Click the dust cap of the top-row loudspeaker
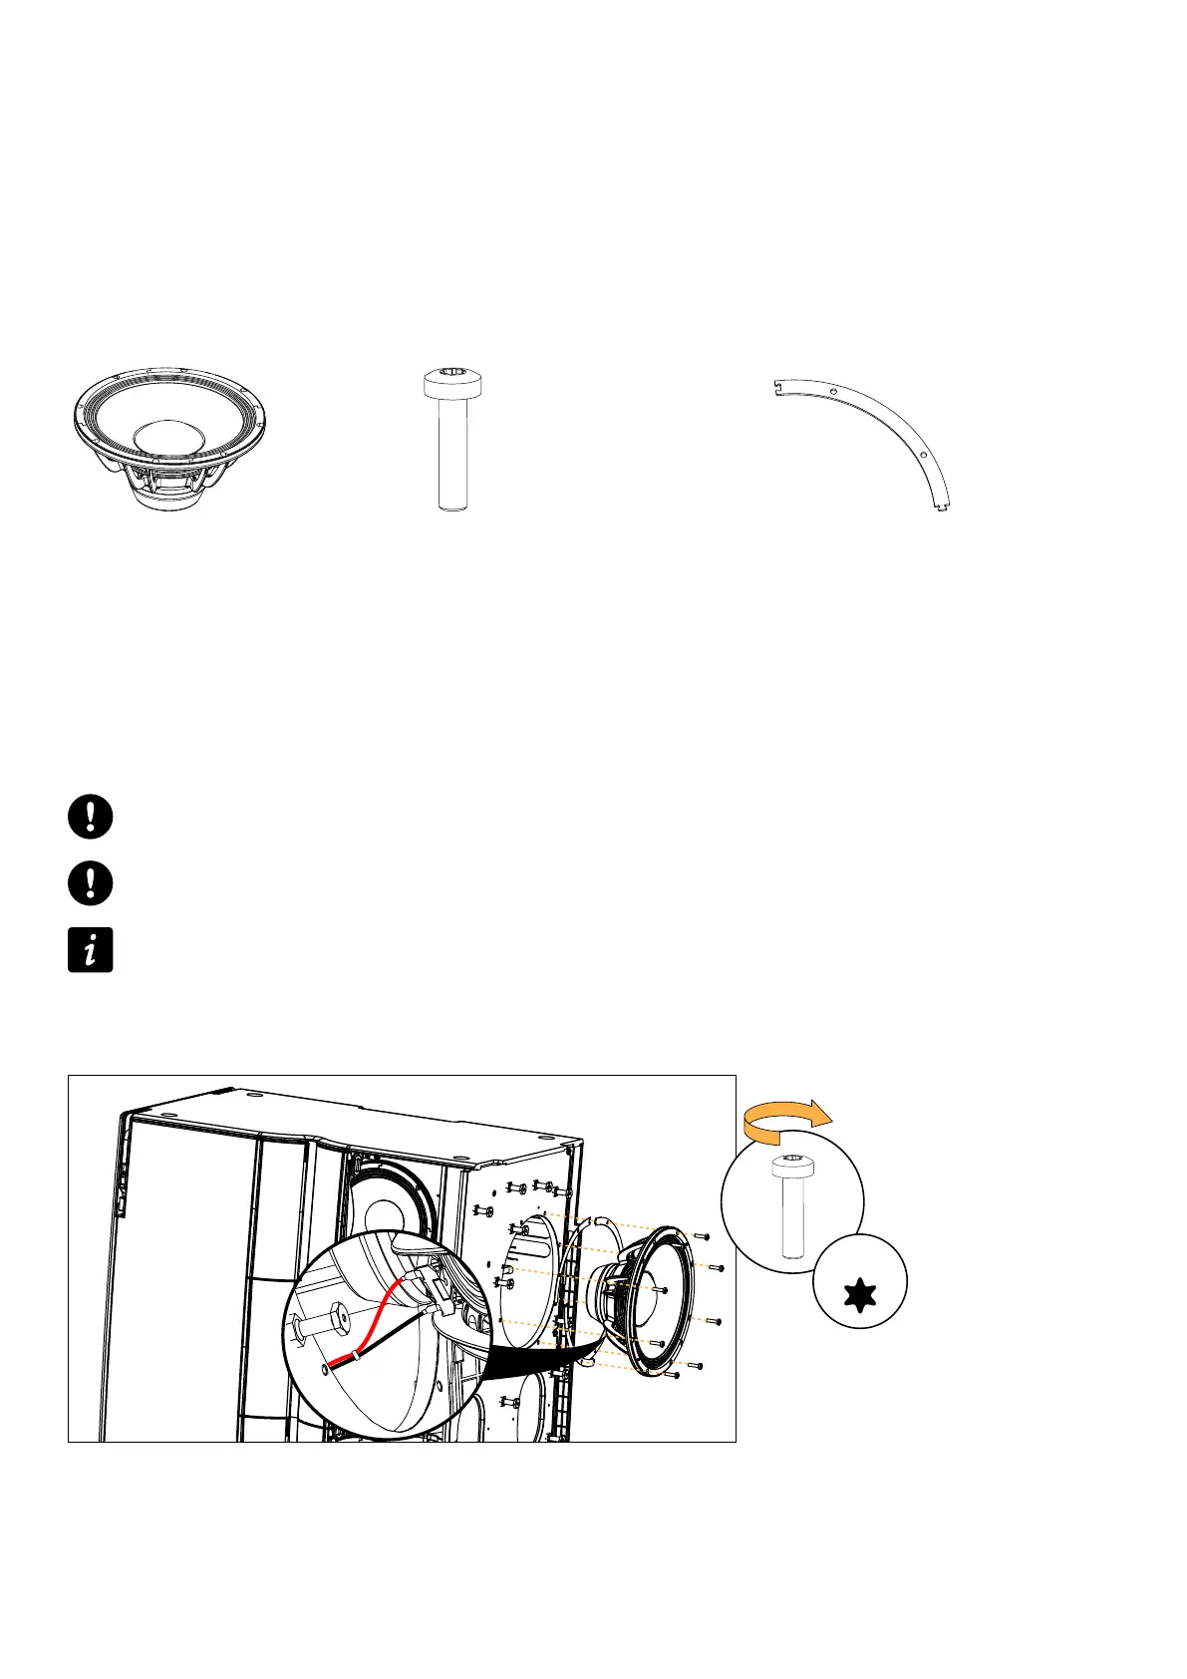170,438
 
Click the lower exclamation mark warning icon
90,883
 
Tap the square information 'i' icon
90,950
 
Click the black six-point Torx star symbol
859,1296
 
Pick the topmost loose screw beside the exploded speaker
704,1236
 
